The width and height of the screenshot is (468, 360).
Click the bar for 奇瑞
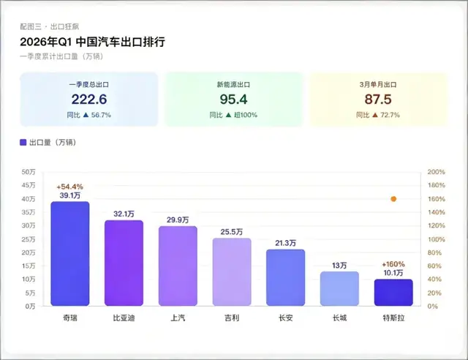click(70, 254)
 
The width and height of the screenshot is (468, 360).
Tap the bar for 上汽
click(178, 266)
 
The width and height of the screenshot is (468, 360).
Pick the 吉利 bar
click(232, 272)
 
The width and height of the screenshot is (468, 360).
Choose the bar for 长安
click(285, 278)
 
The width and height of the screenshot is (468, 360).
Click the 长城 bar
click(339, 289)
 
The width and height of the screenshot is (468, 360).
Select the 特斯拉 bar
click(393, 293)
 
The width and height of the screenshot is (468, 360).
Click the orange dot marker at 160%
click(393, 199)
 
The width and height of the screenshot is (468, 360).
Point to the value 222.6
click(89, 99)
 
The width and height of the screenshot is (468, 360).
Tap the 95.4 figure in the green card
click(234, 99)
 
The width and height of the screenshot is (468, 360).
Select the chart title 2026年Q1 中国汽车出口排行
click(92, 42)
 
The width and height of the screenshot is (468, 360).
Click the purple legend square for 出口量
click(23, 143)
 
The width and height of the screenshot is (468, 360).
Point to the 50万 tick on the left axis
click(30, 172)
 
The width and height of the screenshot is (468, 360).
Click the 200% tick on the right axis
click(437, 172)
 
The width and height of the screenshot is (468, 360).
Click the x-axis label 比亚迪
click(124, 318)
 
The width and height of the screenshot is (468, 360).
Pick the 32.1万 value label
click(124, 214)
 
